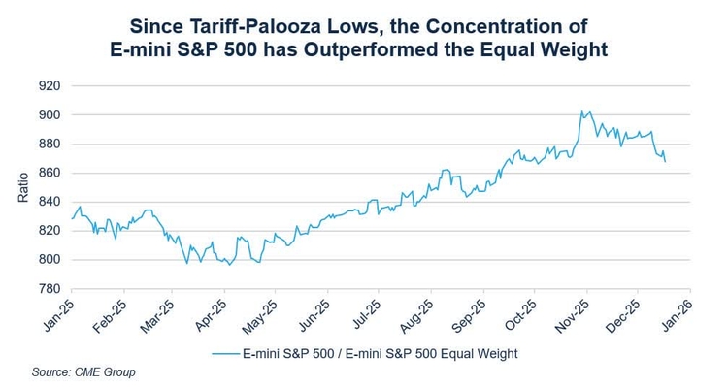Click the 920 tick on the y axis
tap(49, 86)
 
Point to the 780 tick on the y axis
tap(49, 289)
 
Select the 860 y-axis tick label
tap(49, 174)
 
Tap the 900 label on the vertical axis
tap(49, 115)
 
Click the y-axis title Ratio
tap(22, 187)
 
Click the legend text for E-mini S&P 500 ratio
tap(380, 354)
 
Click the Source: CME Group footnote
tap(83, 372)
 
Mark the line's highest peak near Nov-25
tap(581, 111)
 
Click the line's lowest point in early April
tap(229, 265)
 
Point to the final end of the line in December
tap(665, 162)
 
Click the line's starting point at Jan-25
tap(71, 219)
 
